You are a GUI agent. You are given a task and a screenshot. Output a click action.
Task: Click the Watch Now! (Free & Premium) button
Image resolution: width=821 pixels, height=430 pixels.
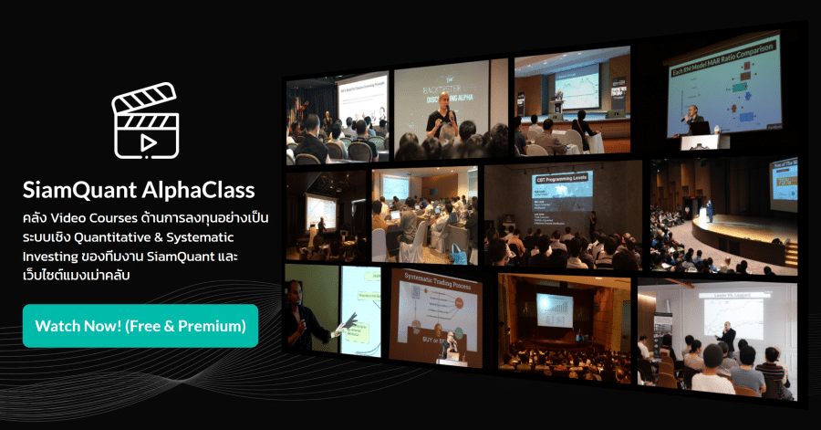point(140,326)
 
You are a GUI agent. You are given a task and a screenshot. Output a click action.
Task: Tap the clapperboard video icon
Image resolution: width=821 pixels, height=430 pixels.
point(143,120)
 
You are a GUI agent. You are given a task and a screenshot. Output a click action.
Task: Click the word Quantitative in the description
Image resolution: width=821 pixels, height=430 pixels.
point(140,237)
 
